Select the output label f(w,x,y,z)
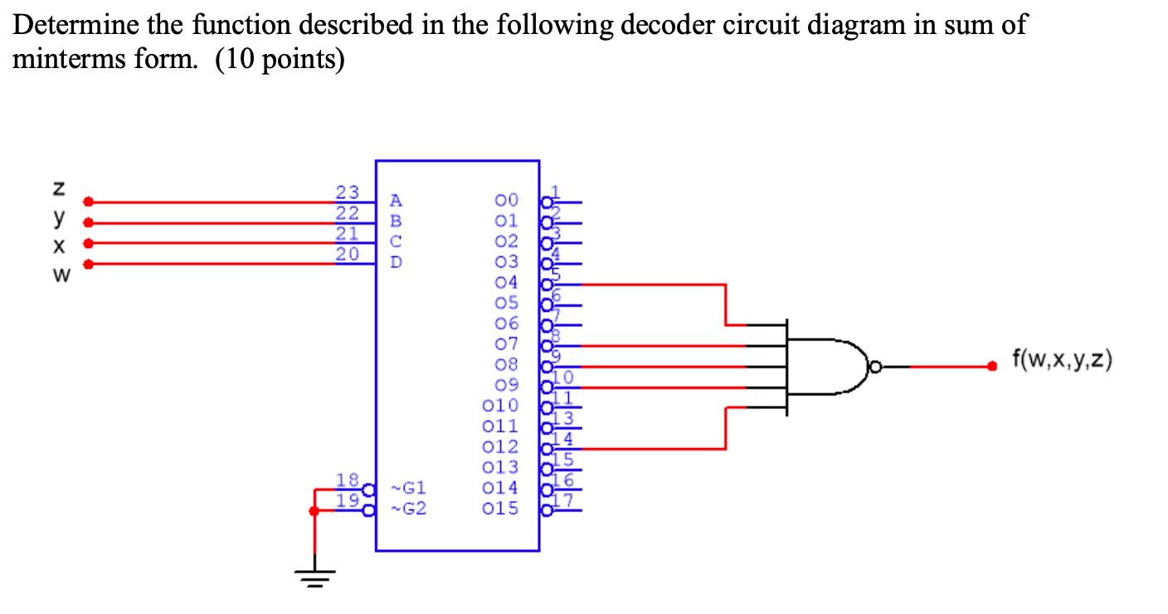(1063, 359)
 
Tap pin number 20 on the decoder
(346, 255)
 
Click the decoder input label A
(396, 200)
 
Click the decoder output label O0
(506, 200)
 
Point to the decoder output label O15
(500, 508)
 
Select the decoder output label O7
(506, 344)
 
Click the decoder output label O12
(500, 446)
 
